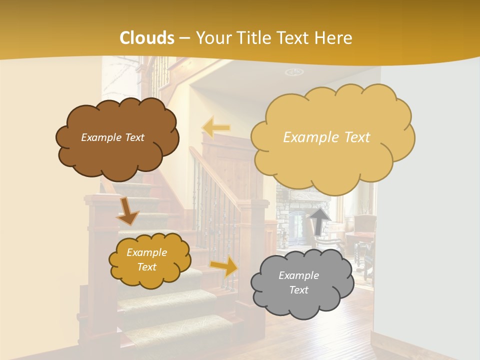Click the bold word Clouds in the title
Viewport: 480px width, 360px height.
[146, 37]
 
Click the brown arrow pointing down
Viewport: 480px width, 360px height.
[127, 210]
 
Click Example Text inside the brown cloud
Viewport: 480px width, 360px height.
[113, 137]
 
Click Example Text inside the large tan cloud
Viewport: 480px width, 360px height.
[326, 137]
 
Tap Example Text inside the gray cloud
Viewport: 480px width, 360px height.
[298, 282]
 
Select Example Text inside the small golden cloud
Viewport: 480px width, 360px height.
[146, 259]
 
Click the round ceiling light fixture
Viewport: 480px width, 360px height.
[294, 72]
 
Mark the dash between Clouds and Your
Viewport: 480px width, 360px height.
[184, 38]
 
